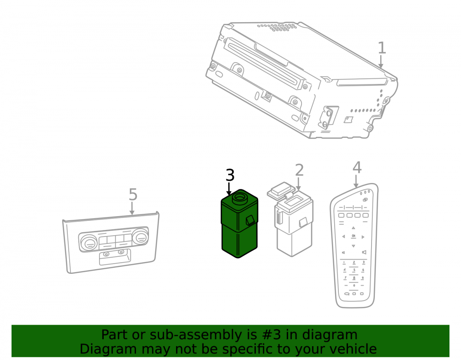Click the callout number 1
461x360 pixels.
pos(382,47)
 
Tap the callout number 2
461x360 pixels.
pos(299,170)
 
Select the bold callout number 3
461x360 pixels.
pos(230,175)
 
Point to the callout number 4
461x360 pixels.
pos(357,167)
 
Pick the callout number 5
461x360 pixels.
pos(133,195)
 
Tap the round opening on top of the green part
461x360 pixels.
pos(240,197)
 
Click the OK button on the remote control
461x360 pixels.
pos(354,236)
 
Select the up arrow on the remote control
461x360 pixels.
pos(354,228)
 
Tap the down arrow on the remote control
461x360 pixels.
pos(354,246)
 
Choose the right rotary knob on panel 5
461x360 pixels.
pos(140,237)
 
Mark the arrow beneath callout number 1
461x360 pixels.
pos(381,62)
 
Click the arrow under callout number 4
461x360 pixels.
pos(356,181)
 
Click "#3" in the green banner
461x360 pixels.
pos(272,335)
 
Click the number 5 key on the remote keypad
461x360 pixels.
pos(354,270)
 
